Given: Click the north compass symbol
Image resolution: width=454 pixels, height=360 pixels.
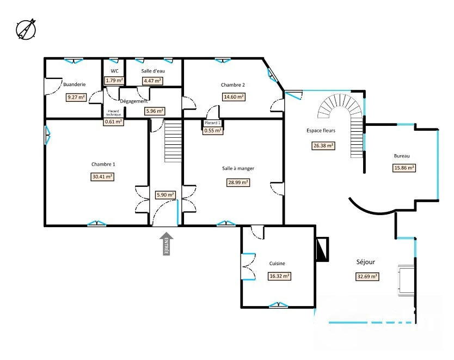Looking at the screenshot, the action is [26, 29].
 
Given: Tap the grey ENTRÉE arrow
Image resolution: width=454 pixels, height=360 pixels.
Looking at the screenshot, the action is [166, 243].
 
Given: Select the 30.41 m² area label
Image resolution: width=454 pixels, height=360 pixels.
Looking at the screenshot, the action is [102, 176].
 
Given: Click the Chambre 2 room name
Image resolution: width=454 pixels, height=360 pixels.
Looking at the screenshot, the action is [233, 85].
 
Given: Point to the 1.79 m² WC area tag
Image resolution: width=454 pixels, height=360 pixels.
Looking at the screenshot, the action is [114, 81].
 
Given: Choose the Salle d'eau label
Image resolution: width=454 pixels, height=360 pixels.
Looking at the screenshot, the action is [153, 71].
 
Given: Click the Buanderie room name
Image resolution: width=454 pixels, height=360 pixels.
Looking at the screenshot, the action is [75, 84].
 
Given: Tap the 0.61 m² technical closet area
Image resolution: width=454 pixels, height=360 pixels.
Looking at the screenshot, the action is [113, 121].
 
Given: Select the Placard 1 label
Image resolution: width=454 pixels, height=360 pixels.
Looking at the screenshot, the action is [212, 123].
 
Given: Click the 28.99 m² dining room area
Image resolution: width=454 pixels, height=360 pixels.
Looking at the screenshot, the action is [238, 182].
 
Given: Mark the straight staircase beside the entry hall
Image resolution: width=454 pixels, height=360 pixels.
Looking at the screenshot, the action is [173, 142].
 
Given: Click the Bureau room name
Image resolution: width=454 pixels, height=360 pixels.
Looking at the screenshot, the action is [402, 156].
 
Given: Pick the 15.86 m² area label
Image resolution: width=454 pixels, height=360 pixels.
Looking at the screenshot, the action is [404, 168].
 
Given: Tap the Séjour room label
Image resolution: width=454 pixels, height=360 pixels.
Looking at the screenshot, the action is [366, 262].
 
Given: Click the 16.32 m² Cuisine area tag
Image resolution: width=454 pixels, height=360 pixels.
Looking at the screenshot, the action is [279, 276].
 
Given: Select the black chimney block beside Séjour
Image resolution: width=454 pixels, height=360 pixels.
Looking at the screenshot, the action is [322, 249].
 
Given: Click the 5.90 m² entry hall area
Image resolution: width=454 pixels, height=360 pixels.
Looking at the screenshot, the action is [165, 195].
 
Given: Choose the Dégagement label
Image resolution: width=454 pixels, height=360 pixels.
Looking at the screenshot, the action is [134, 101].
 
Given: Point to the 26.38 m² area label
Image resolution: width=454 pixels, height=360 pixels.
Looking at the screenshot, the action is [323, 145].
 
